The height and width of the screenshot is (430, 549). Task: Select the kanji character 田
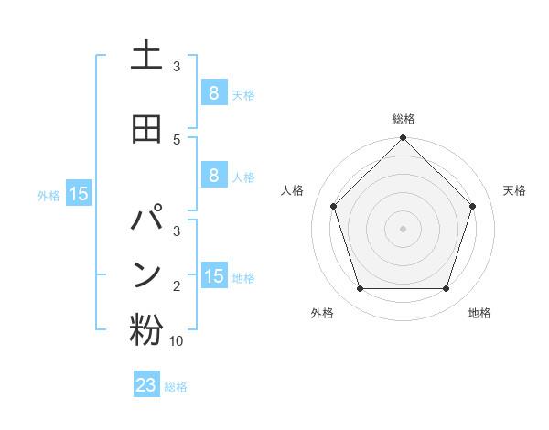(x=146, y=129)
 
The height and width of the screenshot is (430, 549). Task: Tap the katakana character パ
(x=146, y=222)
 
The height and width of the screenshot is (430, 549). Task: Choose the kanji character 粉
(x=146, y=330)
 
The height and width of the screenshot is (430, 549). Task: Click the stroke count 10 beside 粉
(x=177, y=340)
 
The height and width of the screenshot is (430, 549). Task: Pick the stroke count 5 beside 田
(x=177, y=139)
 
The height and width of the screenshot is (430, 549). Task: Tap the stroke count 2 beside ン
(x=177, y=286)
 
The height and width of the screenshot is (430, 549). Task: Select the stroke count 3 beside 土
(x=177, y=67)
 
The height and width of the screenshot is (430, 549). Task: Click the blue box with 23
(x=146, y=385)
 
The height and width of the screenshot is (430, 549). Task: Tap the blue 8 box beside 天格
(x=213, y=93)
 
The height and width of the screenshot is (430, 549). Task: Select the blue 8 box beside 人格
(x=213, y=176)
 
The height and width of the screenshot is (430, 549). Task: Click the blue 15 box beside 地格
(x=213, y=276)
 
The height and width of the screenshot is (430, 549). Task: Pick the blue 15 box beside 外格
(x=78, y=194)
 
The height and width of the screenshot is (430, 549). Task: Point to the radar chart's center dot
(x=403, y=228)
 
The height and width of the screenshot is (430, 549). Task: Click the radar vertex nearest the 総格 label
(x=403, y=139)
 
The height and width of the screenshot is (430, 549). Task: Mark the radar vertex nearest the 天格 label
(x=473, y=206)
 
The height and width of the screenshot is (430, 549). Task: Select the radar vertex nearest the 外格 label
(x=360, y=289)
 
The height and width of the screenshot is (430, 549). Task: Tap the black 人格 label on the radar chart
(x=293, y=190)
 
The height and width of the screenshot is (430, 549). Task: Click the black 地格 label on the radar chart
(x=479, y=313)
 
